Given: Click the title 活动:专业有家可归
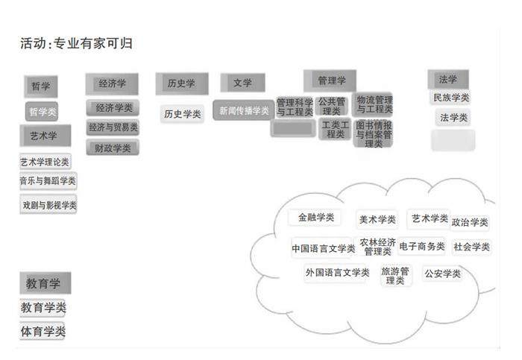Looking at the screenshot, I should pyautogui.click(x=77, y=44).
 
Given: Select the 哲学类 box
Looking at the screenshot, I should pyautogui.click(x=42, y=112).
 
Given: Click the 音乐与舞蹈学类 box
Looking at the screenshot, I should pyautogui.click(x=48, y=181).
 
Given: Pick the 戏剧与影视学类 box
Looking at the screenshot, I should pyautogui.click(x=49, y=204).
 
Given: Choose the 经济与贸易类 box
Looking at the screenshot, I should pyautogui.click(x=113, y=127).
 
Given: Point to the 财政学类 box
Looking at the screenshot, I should pyautogui.click(x=113, y=148).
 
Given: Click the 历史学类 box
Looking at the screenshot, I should pyautogui.click(x=183, y=114).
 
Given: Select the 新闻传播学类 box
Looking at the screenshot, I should pyautogui.click(x=243, y=110).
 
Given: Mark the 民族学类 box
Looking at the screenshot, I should pyautogui.click(x=451, y=98).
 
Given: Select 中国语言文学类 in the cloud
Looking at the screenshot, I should pyautogui.click(x=323, y=248).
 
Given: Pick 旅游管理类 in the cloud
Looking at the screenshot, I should pyautogui.click(x=395, y=276).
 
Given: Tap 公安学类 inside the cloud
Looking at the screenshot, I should pyautogui.click(x=443, y=274).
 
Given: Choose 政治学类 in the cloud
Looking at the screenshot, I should pyautogui.click(x=470, y=222).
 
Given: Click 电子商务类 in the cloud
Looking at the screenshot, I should pyautogui.click(x=422, y=246).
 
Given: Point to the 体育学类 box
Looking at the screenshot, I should pyautogui.click(x=43, y=331).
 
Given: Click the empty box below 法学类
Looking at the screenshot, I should pyautogui.click(x=453, y=139).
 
